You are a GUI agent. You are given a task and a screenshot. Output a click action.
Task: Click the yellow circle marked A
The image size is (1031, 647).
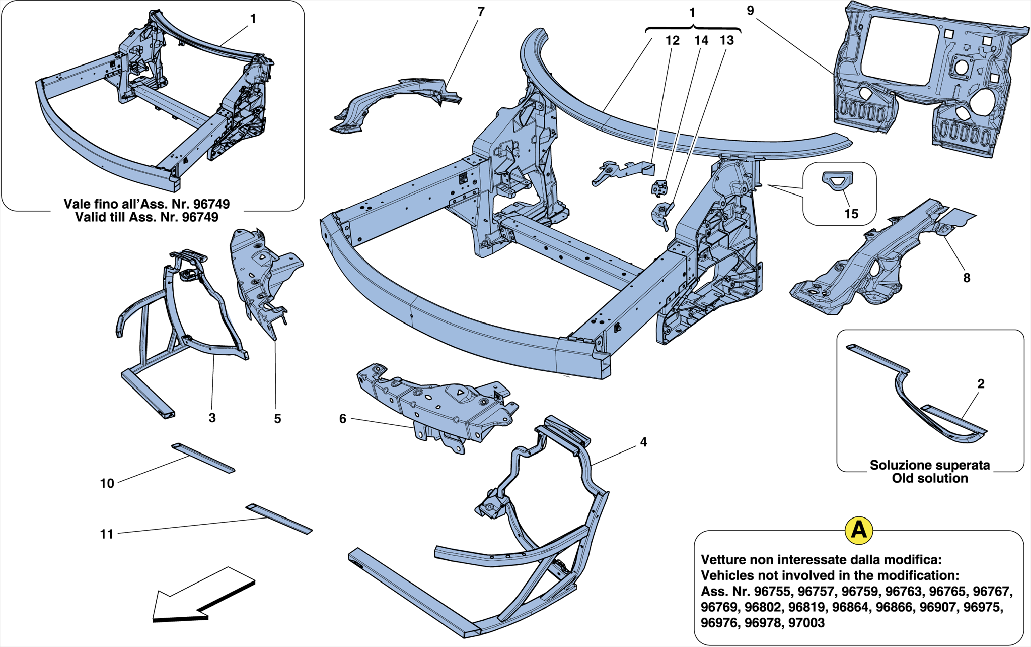858,530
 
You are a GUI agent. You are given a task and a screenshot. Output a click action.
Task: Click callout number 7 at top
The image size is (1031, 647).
481,12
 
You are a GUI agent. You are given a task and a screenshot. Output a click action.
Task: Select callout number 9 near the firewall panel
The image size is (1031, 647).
750,11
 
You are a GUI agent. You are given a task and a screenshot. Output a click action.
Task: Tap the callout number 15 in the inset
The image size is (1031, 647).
851,214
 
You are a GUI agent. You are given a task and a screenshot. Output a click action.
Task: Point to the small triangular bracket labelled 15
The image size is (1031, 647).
838,180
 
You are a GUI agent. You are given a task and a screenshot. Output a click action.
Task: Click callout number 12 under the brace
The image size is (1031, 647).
673,41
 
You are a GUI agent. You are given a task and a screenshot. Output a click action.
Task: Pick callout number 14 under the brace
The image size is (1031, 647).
701,41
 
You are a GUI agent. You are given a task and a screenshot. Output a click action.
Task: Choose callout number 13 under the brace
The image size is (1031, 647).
726,41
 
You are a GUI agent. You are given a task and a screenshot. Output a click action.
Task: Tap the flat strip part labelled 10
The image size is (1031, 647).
203,458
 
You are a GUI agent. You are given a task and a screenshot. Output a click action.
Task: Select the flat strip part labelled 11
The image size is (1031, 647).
279,519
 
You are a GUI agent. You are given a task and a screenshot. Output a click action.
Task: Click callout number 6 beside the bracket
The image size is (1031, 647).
343,419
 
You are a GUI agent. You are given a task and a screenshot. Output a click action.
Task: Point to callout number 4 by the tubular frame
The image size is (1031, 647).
643,442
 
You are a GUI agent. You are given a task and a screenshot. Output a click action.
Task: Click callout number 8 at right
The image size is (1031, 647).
966,278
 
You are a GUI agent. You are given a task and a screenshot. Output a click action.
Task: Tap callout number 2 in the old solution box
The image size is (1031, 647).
981,384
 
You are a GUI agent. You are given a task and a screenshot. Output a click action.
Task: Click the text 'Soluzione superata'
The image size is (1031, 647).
929,465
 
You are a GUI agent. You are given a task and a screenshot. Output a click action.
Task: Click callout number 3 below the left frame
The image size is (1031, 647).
212,418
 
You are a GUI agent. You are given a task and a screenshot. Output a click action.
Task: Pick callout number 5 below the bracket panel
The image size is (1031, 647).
277,419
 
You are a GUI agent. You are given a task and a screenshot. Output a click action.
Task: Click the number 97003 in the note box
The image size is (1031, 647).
806,623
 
